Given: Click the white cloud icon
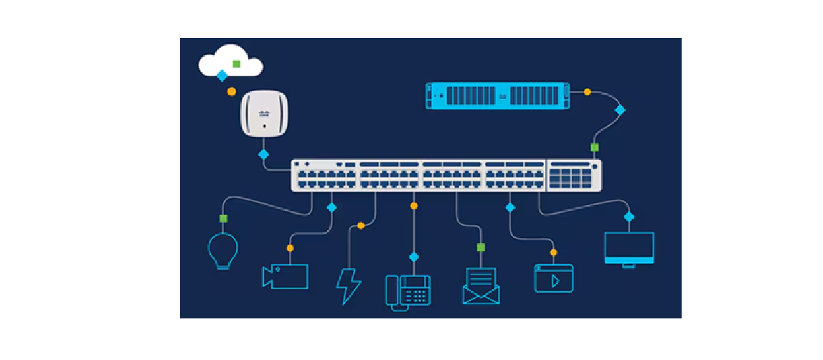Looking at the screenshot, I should [230, 61].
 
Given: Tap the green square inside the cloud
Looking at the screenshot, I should [236, 64].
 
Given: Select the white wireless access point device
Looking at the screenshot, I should [264, 113].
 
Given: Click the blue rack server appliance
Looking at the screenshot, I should [498, 95].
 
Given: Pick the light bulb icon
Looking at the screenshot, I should [222, 251].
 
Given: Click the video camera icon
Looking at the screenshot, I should [285, 277].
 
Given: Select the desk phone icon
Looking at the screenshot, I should [408, 291].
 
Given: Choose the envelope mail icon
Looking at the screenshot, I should [481, 285].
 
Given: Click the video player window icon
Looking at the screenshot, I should [553, 278].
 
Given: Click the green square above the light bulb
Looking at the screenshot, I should [223, 218].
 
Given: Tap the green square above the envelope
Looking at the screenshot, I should [481, 247].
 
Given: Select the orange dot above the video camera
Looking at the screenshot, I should [290, 248].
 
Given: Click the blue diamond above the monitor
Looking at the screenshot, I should [629, 217].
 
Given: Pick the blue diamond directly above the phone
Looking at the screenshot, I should [413, 257].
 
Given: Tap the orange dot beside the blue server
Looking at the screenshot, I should [588, 92].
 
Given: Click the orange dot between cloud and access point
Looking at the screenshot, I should [231, 92].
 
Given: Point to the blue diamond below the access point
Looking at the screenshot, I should [263, 154].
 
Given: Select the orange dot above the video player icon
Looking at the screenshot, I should [553, 252].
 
